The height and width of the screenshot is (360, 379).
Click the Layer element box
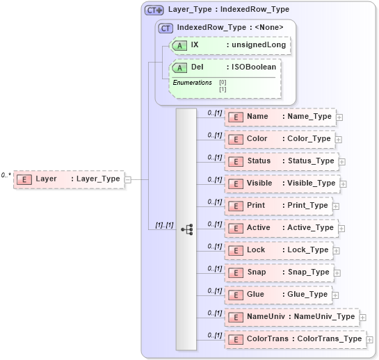pos(69,179)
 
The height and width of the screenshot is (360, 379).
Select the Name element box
pos(280,117)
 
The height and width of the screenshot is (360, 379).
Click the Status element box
pos(281,161)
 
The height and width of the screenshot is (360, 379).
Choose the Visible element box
pos(282,183)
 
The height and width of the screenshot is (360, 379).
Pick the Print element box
pos(277,206)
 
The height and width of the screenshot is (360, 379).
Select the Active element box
pos(280,228)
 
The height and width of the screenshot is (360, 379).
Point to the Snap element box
pos(278,272)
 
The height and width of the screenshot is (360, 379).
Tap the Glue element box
pos(277,295)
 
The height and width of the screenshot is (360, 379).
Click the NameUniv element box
pos(291,317)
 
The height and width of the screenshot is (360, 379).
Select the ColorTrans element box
pos(295,339)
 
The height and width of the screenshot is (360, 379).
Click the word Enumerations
pos(192,83)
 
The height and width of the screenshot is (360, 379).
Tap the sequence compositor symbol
pos(186,229)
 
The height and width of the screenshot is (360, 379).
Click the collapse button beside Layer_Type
pos(127,179)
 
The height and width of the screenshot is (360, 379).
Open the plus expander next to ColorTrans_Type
pos(370,340)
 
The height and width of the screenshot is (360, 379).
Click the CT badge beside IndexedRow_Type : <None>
pos(166,28)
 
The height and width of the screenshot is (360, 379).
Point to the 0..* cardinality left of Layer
pos(6,175)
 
